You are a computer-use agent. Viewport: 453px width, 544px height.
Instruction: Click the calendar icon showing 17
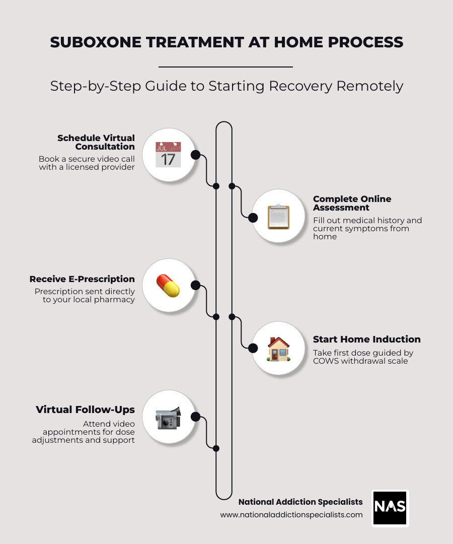tap(168, 154)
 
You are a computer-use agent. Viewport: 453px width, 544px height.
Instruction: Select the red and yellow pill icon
tap(168, 286)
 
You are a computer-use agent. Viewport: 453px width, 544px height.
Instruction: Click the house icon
tap(278, 349)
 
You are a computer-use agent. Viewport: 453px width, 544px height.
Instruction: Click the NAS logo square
tap(390, 508)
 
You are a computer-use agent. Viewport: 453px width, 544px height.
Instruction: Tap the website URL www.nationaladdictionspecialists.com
tap(291, 515)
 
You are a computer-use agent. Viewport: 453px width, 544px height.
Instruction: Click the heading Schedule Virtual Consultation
tap(96, 142)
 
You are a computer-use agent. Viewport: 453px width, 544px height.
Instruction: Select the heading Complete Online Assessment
tap(352, 203)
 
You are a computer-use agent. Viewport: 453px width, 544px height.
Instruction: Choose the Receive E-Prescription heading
tap(82, 279)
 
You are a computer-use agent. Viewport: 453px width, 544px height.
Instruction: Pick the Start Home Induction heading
tap(366, 339)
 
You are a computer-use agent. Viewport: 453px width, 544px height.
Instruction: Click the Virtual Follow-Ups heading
tap(85, 410)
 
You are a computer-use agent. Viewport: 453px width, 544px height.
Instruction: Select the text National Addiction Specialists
tap(300, 502)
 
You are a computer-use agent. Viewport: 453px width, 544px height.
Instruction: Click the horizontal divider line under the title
tap(225, 66)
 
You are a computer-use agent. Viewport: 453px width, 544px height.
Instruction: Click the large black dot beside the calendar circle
tap(196, 155)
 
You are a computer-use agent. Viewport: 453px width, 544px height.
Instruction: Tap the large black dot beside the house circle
tap(253, 348)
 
